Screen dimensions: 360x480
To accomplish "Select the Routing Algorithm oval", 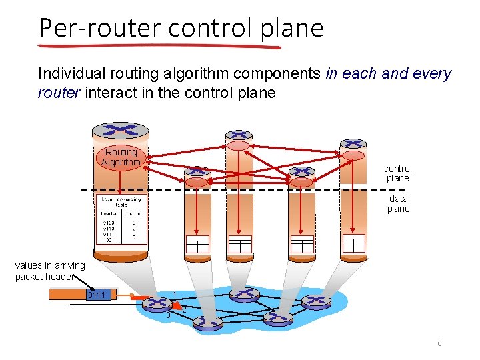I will pos(121,157).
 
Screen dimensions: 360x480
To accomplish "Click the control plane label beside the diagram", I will pos(398,173).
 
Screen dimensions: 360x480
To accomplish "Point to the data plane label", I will pos(398,203).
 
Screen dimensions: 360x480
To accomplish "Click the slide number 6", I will pos(439,343).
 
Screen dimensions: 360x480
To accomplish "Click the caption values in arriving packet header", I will pos(50,271).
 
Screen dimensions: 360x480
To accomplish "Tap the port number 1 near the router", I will pos(175,294).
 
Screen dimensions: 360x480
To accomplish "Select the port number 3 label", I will pos(169,315).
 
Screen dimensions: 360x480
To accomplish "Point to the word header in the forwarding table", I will pos(109,214).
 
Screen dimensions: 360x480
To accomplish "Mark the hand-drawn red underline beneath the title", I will pos(160,47).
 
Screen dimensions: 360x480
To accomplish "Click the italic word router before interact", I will pos(59,93).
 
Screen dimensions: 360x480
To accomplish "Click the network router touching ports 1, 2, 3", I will pos(157,304).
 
